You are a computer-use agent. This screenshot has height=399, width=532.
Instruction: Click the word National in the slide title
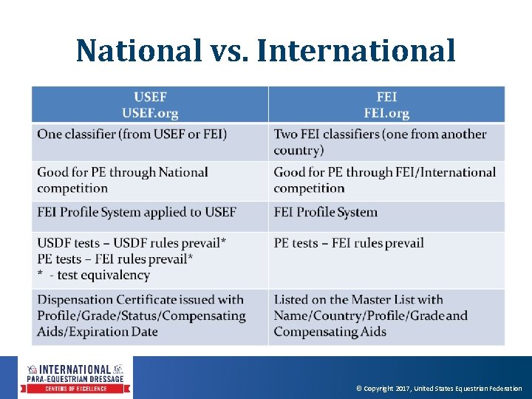[x=138, y=51]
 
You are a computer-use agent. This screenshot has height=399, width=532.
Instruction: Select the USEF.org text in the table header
[x=150, y=113]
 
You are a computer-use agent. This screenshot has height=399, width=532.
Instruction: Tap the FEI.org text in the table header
[x=386, y=113]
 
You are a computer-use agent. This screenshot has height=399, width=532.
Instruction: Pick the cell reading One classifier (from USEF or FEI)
[x=132, y=134]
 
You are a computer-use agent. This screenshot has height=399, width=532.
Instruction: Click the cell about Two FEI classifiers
[x=380, y=142]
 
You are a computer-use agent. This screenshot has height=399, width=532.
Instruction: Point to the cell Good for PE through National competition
[x=123, y=180]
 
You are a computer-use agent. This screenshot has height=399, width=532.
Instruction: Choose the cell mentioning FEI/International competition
[x=384, y=180]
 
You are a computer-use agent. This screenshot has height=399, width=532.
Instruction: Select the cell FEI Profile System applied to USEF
[x=137, y=212]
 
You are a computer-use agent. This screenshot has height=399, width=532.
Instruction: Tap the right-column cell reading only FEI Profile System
[x=325, y=212]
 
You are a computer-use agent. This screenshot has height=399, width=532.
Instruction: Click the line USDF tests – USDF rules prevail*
[x=132, y=243]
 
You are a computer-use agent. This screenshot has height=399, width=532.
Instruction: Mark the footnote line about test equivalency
[x=94, y=275]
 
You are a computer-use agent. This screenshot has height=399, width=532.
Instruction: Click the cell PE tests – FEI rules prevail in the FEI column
[x=349, y=243]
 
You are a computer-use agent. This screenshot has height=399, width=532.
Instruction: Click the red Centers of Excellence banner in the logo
[x=78, y=389]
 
